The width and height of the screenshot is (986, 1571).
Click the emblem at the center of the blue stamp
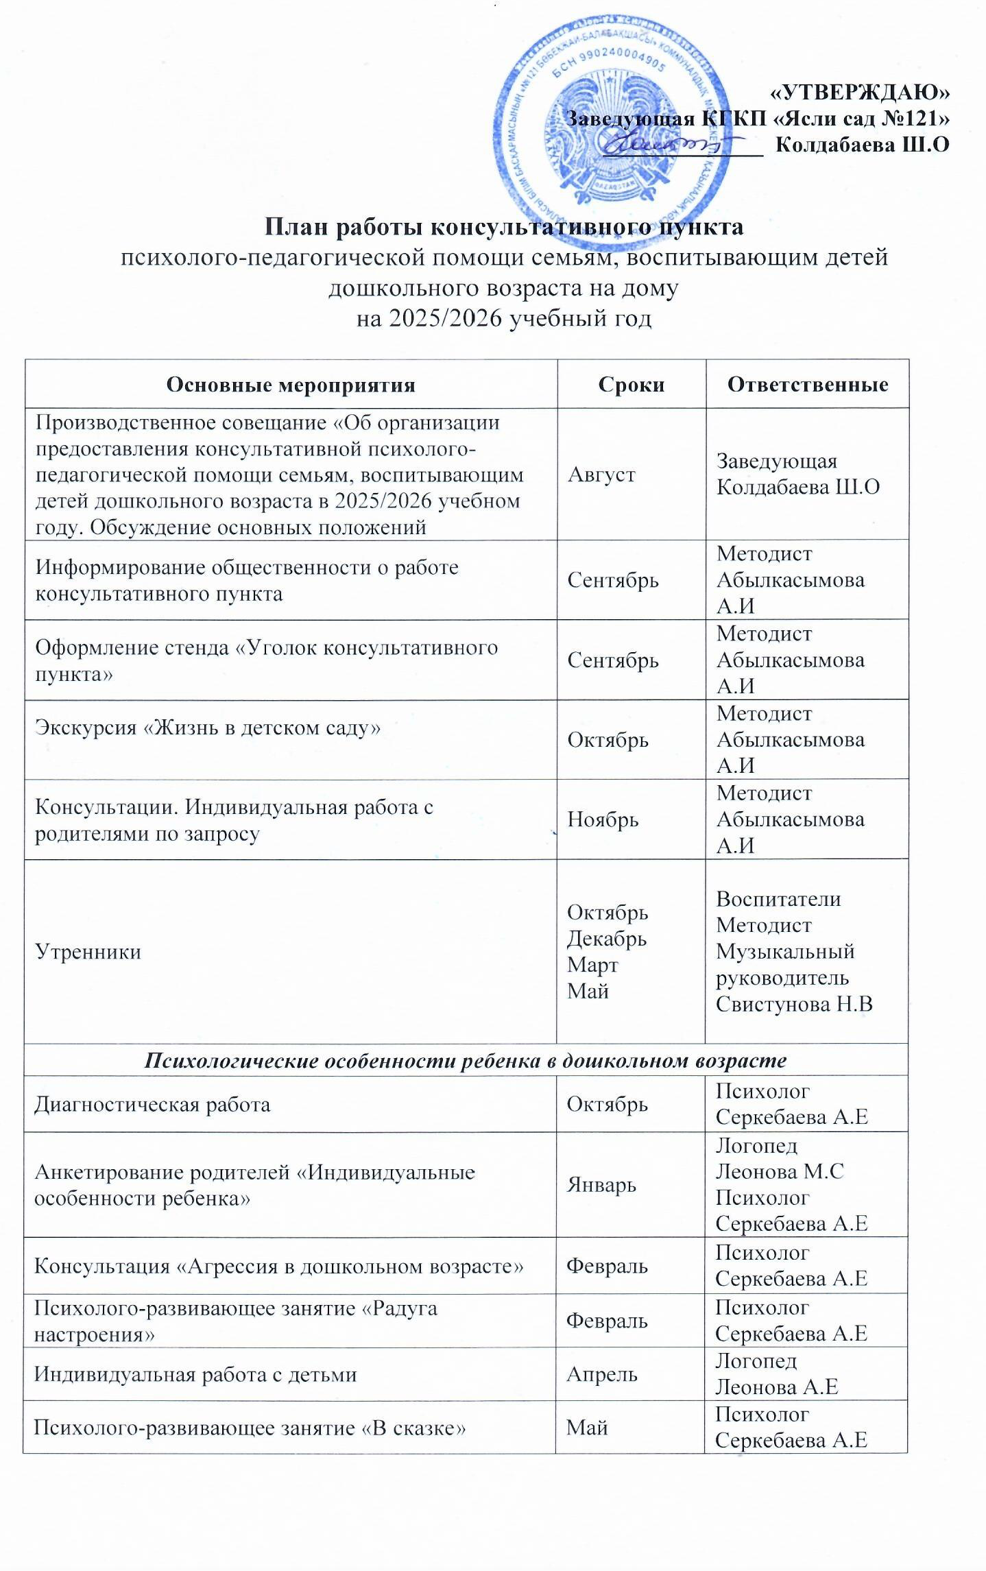tap(611, 130)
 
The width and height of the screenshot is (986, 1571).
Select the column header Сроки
tap(631, 385)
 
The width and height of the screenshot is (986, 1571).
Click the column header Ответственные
tap(807, 385)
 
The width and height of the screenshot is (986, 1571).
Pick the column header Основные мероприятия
tap(291, 385)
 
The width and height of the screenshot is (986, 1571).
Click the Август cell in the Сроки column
tap(601, 475)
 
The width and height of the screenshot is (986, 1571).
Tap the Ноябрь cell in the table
tap(603, 819)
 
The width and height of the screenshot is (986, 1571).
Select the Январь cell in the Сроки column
tap(601, 1185)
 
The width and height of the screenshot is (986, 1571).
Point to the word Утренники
tap(88, 952)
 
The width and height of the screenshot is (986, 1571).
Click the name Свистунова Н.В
tap(794, 1005)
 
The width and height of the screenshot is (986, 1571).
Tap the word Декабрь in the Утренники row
tap(606, 939)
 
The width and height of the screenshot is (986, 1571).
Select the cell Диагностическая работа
tap(152, 1105)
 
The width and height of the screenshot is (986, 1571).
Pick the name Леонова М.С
tap(780, 1172)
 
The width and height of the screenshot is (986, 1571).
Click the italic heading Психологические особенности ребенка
tap(465, 1061)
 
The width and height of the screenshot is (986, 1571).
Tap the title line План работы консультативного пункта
tap(504, 227)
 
